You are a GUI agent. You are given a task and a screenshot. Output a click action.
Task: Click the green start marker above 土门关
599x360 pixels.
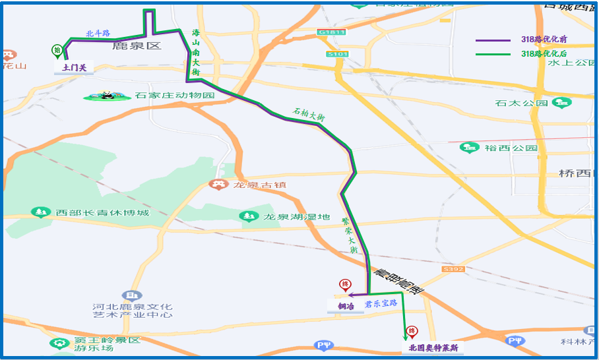click(x=57, y=50)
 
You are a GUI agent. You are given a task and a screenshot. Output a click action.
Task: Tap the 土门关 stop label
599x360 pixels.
click(x=74, y=67)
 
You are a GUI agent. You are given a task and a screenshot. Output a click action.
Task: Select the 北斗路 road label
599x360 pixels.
click(x=98, y=33)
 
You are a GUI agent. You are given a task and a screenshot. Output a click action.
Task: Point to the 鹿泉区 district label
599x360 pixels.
click(x=137, y=45)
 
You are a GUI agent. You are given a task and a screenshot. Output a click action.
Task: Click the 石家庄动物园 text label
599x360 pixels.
click(x=175, y=96)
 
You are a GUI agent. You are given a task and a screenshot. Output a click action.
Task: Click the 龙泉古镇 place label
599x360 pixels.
click(x=259, y=185)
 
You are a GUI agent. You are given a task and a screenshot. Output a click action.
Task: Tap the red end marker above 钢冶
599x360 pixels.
click(x=344, y=285)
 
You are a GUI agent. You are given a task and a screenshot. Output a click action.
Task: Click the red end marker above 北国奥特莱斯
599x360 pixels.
click(x=412, y=332)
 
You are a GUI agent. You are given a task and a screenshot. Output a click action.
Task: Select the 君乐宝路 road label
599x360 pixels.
click(x=381, y=303)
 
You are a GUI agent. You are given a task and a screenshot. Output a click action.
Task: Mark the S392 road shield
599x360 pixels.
click(x=454, y=269)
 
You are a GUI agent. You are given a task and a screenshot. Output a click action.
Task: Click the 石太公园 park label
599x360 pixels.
click(x=521, y=103)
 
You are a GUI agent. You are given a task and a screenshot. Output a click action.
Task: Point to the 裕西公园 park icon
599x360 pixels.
click(x=469, y=148)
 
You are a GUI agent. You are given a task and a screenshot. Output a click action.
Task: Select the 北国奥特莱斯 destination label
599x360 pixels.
click(x=433, y=347)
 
